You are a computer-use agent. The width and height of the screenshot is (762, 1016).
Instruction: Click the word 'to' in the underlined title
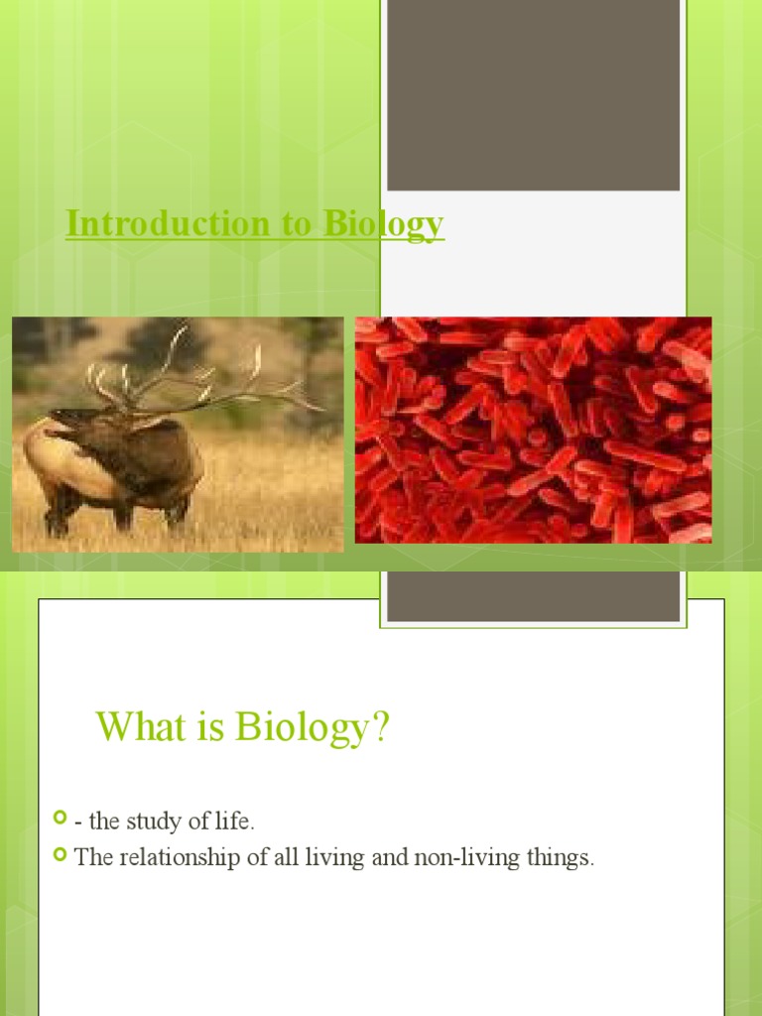tap(296, 224)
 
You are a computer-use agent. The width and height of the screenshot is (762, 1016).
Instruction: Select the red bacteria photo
tap(533, 430)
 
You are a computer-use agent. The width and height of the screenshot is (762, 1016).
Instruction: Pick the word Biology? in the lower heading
tap(313, 730)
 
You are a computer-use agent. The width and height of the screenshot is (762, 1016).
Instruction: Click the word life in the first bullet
tap(238, 822)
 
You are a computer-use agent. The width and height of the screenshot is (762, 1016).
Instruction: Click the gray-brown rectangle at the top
tap(533, 95)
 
